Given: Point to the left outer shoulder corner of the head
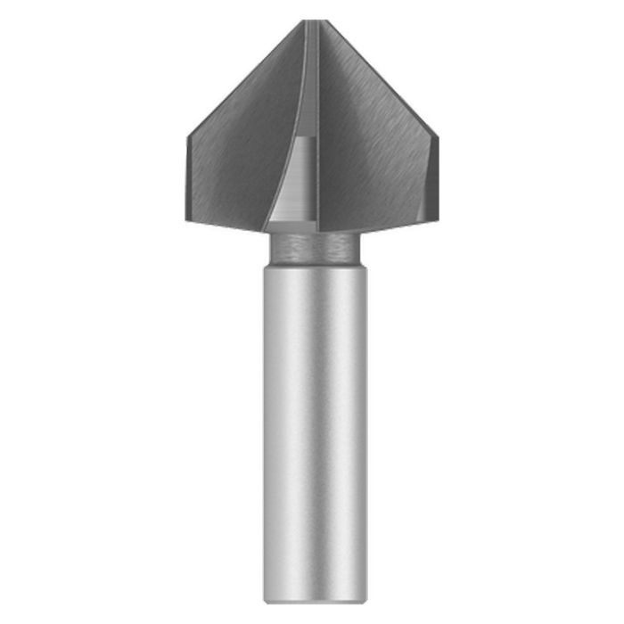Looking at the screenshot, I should coord(188,137).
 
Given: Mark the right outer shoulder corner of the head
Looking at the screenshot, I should coord(438,137).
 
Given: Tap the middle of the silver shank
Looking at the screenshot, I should coord(311,428).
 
